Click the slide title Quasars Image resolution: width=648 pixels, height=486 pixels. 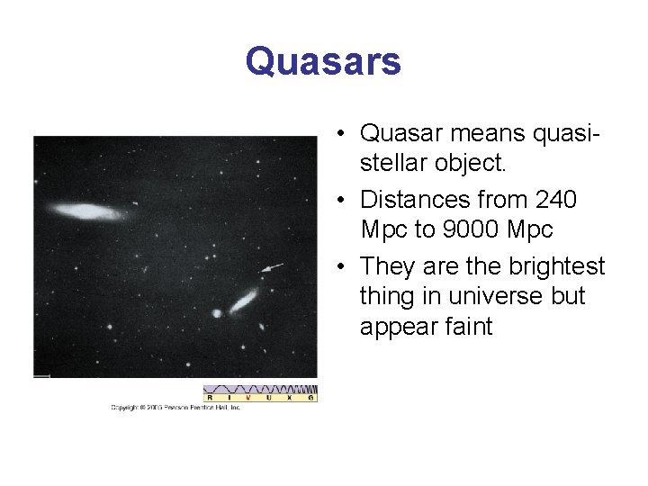coord(323,62)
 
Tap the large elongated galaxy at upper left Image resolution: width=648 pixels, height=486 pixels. coord(87,211)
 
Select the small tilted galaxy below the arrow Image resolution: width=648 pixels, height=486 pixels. coord(243,300)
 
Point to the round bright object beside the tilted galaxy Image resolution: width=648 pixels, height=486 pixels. coord(217,313)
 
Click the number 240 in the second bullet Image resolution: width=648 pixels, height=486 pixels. coord(556,199)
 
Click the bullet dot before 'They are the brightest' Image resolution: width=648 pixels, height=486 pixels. coord(344,267)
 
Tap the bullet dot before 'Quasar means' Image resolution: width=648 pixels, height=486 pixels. coord(344,134)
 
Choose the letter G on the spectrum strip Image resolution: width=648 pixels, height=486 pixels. coord(310,397)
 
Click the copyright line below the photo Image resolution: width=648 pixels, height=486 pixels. coord(176,408)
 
